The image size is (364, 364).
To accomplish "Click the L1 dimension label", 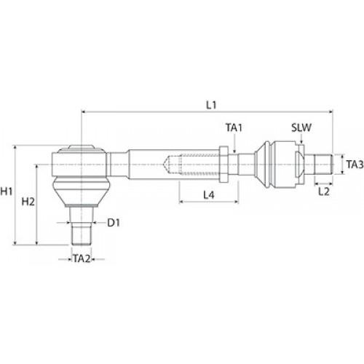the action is coord(211,105).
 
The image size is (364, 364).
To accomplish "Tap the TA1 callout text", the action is coord(234,127).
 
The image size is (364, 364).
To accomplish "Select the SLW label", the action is coord(301,127).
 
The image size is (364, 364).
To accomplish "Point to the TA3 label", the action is coord(355,165).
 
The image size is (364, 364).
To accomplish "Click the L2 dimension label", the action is coord(324,191).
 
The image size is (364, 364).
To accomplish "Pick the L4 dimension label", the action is coord(209,194).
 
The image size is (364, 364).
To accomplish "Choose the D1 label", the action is coord(114,223).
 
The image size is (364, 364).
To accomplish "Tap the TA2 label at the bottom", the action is coord(82,258).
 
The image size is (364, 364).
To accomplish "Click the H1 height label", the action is coord(6,191).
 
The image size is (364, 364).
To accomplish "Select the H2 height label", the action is coord(28,202).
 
